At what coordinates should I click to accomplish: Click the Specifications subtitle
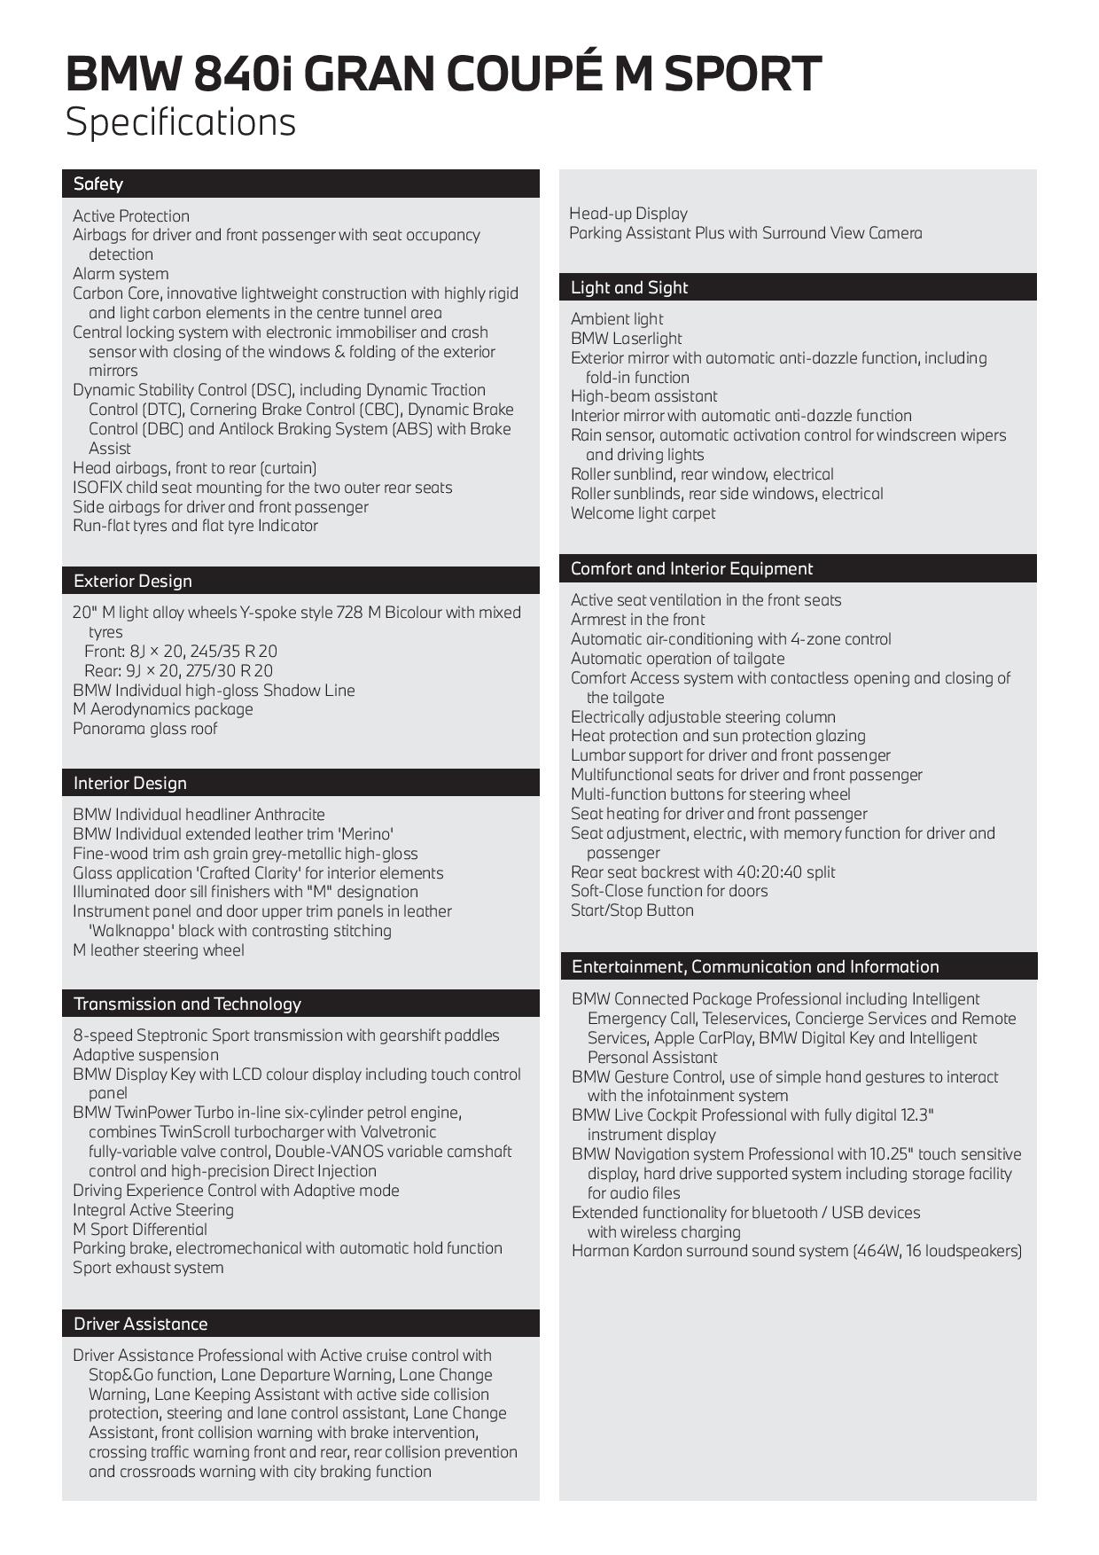(181, 121)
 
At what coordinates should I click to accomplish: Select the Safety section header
(98, 184)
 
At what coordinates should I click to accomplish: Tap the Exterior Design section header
(133, 581)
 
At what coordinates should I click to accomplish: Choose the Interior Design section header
(130, 783)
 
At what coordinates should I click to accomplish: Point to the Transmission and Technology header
(187, 1004)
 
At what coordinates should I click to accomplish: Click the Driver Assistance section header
(140, 1324)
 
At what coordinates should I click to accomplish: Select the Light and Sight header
(629, 287)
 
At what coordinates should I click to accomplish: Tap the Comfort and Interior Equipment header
(691, 568)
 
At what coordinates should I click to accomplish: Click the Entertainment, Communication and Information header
(755, 966)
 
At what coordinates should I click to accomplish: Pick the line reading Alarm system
(121, 274)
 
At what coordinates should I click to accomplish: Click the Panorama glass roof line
(144, 729)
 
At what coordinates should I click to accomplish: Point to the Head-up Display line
(628, 214)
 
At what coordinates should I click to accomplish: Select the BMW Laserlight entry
(627, 339)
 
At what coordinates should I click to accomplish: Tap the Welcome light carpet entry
(643, 513)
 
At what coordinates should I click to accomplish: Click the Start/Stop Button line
(632, 910)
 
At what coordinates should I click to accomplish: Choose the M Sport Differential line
(140, 1230)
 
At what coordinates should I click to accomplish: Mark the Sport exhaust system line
(148, 1268)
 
